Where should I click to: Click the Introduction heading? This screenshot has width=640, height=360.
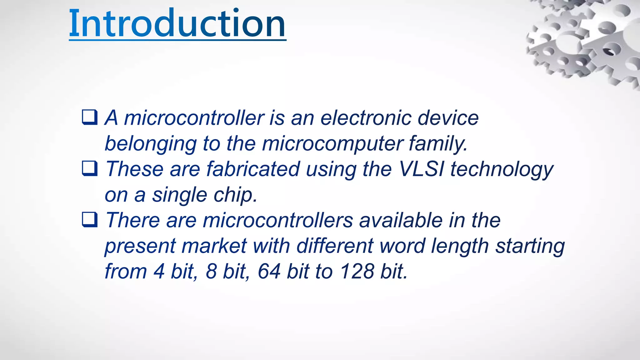pyautogui.click(x=177, y=23)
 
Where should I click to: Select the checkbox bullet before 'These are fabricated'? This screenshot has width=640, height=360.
pyautogui.click(x=90, y=168)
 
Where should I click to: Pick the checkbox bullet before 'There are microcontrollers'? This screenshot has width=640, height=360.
pyautogui.click(x=90, y=220)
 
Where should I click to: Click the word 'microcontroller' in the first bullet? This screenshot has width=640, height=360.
pyautogui.click(x=194, y=118)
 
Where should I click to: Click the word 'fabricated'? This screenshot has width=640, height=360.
pyautogui.click(x=253, y=169)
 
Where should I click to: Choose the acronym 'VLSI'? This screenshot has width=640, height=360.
pyautogui.click(x=422, y=169)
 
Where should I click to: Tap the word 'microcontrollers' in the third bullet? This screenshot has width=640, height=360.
pyautogui.click(x=278, y=220)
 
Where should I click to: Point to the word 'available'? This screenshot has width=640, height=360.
pyautogui.click(x=401, y=220)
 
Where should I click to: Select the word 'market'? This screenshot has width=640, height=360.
pyautogui.click(x=214, y=246)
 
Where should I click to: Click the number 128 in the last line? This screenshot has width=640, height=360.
pyautogui.click(x=357, y=271)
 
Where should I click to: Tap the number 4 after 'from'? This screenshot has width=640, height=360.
pyautogui.click(x=159, y=271)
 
